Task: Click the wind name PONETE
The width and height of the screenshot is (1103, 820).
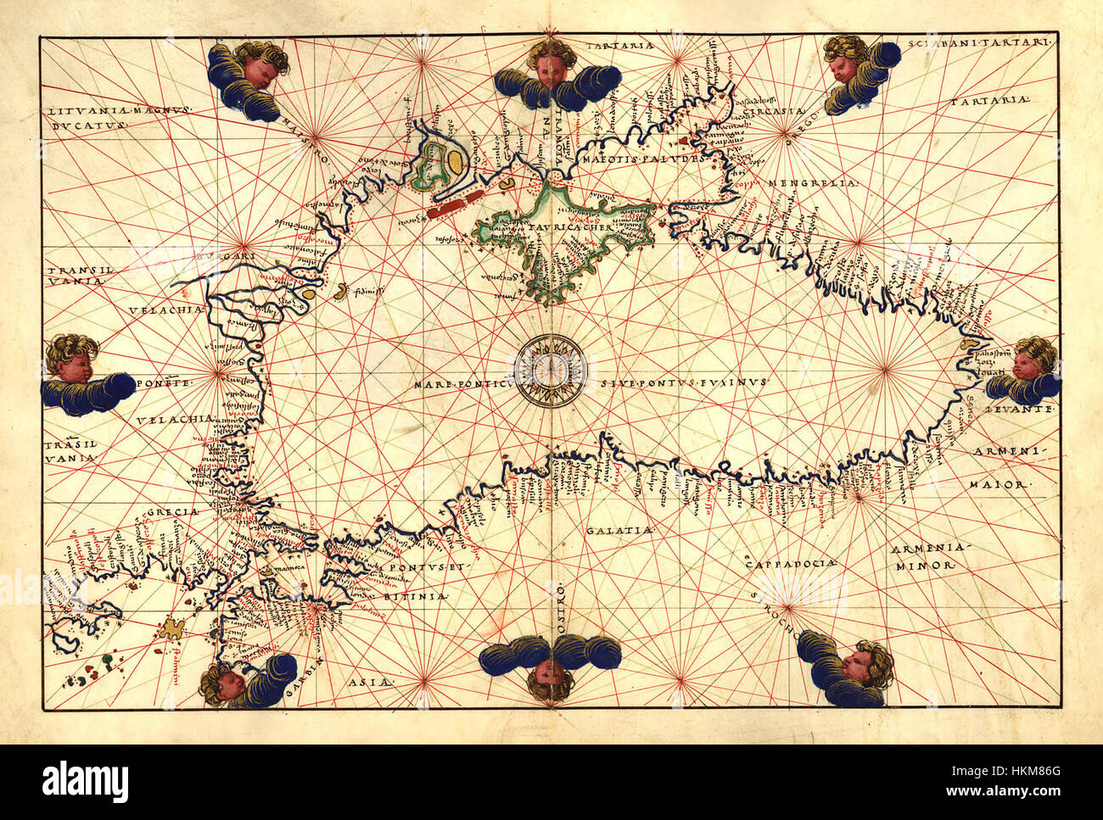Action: pos(169,383)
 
